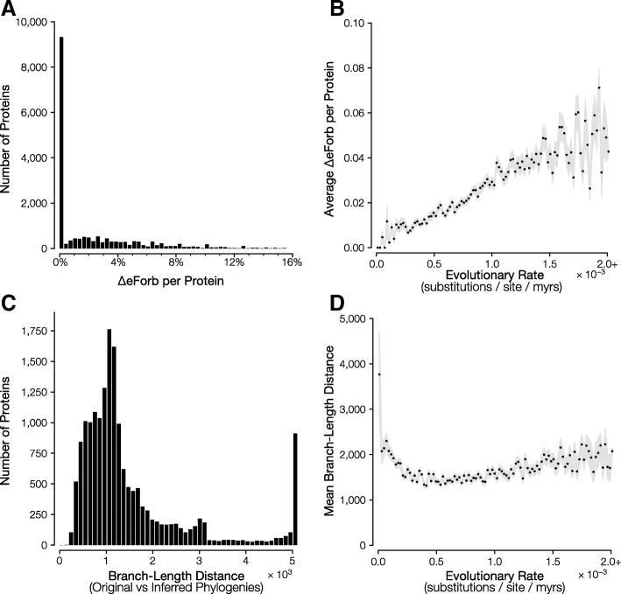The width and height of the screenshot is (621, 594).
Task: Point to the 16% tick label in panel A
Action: [292, 262]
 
